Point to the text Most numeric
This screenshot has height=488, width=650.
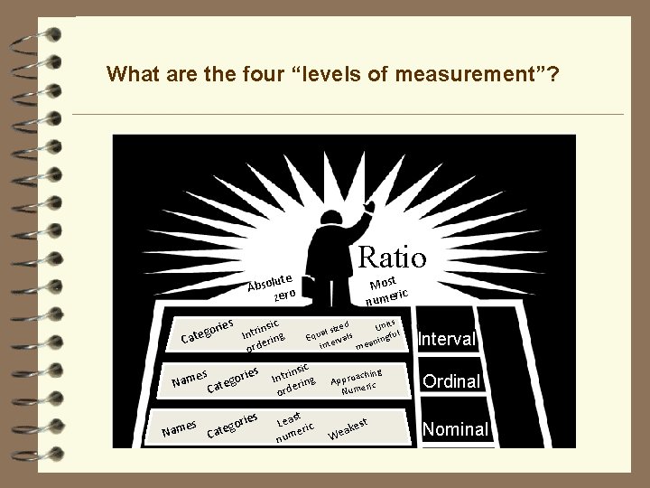pyautogui.click(x=389, y=286)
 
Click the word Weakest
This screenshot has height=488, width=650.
pyautogui.click(x=347, y=427)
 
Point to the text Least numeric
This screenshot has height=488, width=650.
pyautogui.click(x=294, y=427)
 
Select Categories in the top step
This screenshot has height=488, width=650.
pyautogui.click(x=208, y=331)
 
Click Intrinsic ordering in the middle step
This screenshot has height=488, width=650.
pyautogui.click(x=293, y=379)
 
